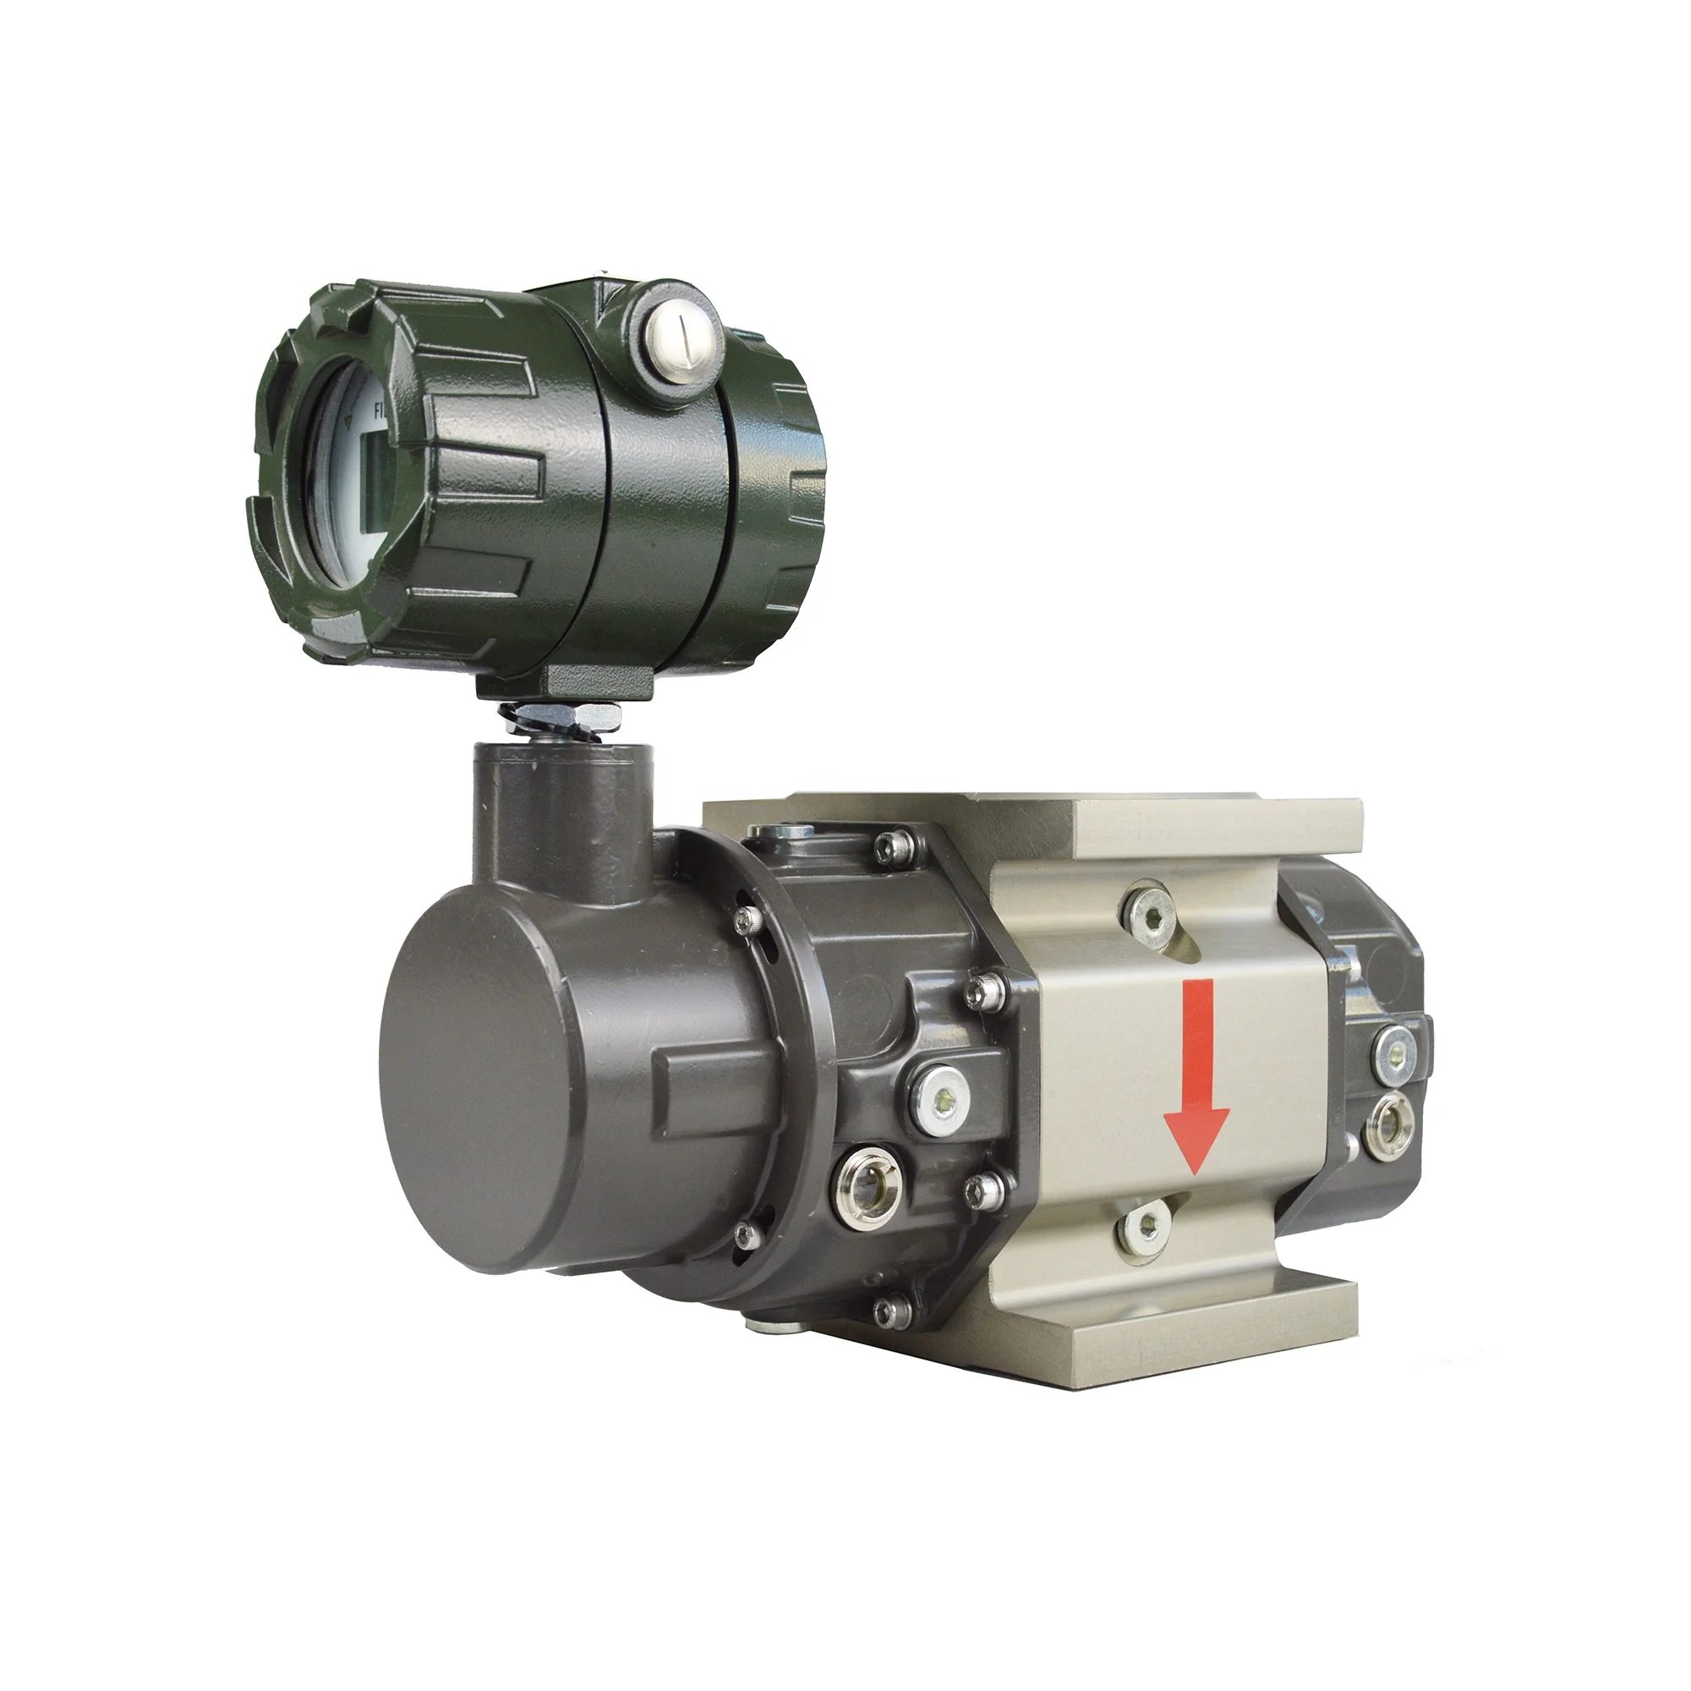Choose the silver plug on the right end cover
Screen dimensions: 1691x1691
click(1393, 1048)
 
